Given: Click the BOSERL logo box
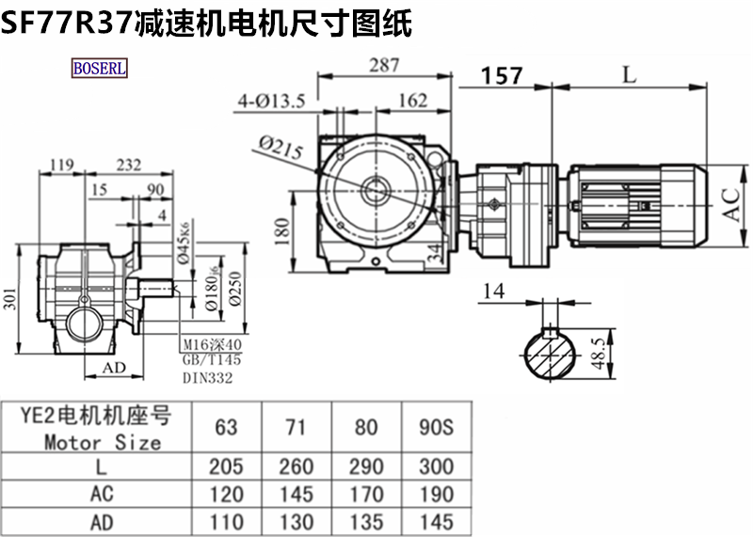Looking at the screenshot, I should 99,69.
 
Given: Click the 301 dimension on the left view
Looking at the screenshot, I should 10,302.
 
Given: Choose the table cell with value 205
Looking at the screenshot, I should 226,466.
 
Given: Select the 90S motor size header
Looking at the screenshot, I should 436,428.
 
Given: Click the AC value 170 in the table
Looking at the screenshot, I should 366,494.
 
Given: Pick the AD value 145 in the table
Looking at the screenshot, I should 436,521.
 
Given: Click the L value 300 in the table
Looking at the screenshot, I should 436,466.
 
